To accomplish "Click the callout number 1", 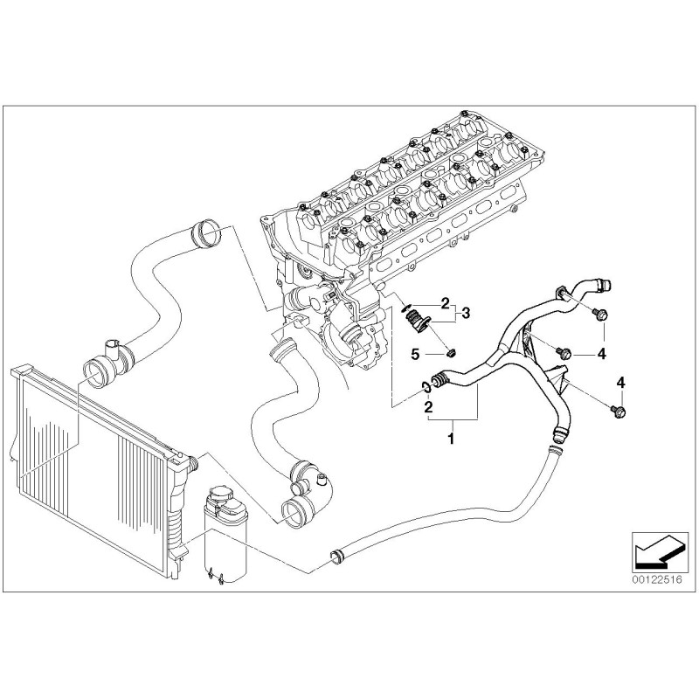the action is click(x=451, y=439).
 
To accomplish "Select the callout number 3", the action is click(x=466, y=313).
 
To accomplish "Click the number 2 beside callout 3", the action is click(x=445, y=303).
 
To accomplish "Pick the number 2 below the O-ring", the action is click(x=428, y=406).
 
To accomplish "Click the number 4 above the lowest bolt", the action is click(x=620, y=382).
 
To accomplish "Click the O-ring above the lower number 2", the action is click(x=426, y=387).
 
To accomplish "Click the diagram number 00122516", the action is click(x=657, y=579).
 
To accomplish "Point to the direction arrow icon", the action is click(x=657, y=551).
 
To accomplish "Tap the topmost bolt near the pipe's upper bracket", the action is click(x=600, y=315).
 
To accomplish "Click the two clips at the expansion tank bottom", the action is click(x=215, y=575).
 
